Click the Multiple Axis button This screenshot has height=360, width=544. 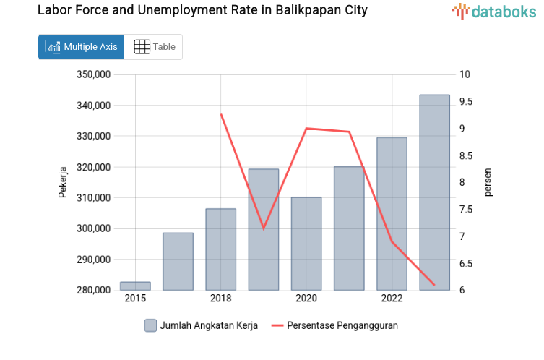point(81,47)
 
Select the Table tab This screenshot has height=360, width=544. point(154,47)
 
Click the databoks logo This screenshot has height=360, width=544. point(495,12)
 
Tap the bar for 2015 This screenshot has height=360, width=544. point(135,286)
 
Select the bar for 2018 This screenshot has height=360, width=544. point(220,249)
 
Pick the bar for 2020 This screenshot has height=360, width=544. point(306,244)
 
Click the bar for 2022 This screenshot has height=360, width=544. point(392,214)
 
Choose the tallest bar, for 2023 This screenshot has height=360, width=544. point(434,192)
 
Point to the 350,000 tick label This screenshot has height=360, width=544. point(93,74)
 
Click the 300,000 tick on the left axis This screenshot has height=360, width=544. point(93,228)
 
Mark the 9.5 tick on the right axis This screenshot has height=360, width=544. point(465,102)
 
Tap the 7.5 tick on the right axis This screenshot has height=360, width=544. point(465,210)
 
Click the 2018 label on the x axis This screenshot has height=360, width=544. point(220,299)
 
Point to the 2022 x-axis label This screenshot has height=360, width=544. point(392,299)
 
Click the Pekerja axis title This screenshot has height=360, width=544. point(63,182)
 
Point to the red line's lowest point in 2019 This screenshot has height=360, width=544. point(264,228)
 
